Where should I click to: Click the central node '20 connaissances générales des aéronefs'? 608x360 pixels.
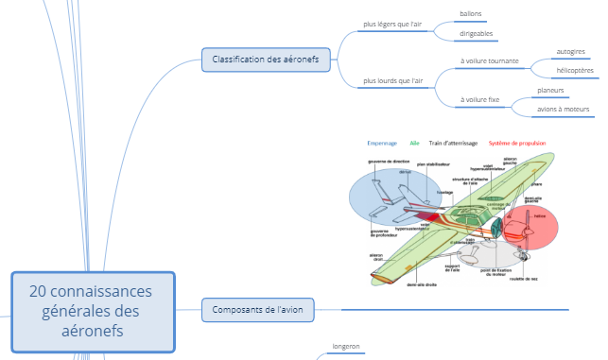[93, 312]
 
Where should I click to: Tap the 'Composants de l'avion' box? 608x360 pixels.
[257, 308]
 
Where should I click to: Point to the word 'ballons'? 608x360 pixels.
[471, 14]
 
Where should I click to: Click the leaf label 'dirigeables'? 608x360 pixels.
[477, 34]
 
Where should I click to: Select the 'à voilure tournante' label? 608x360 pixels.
[489, 61]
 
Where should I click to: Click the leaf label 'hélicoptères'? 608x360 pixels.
[575, 70]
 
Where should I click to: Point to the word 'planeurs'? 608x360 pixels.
[550, 90]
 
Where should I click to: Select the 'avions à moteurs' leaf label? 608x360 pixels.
[564, 110]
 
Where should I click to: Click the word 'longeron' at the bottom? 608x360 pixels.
[346, 347]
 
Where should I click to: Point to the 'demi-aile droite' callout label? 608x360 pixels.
[422, 283]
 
